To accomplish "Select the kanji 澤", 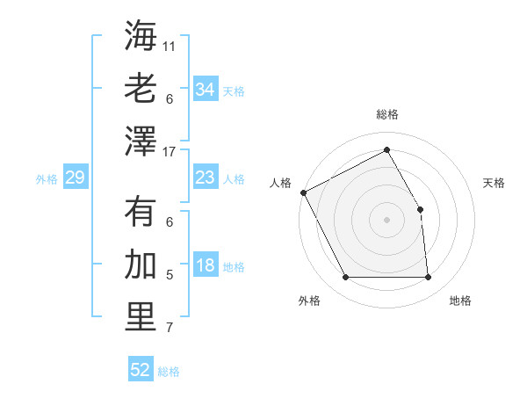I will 141,141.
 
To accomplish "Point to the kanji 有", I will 141,212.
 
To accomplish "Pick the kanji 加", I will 141,264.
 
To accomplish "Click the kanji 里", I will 141,317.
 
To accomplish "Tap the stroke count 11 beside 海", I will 170,46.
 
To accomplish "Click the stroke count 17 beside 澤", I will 170,152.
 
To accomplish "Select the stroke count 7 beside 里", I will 170,329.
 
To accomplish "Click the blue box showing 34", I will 205,90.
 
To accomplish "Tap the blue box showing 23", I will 205,178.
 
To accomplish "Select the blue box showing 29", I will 75,178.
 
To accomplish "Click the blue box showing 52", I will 141,370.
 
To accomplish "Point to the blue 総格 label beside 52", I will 169,372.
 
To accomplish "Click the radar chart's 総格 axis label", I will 386,114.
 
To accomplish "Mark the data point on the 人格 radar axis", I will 303,192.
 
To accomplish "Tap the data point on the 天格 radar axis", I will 421,209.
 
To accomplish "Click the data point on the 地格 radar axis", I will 429,278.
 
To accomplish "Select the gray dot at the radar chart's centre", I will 386,220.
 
